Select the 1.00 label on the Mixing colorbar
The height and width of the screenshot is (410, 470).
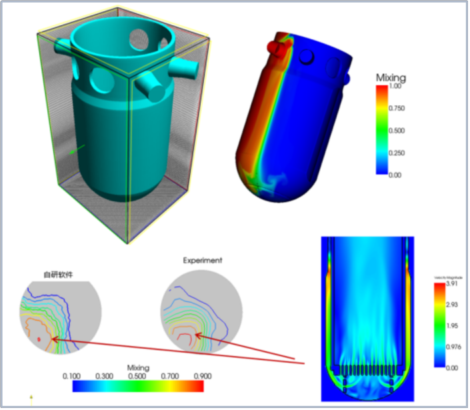[394, 87]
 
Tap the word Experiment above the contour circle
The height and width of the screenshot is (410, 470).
[202, 261]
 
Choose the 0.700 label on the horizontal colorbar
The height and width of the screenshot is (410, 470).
[169, 377]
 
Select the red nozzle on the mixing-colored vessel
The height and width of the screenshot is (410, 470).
[275, 47]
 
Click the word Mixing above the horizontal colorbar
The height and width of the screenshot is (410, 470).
[138, 367]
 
